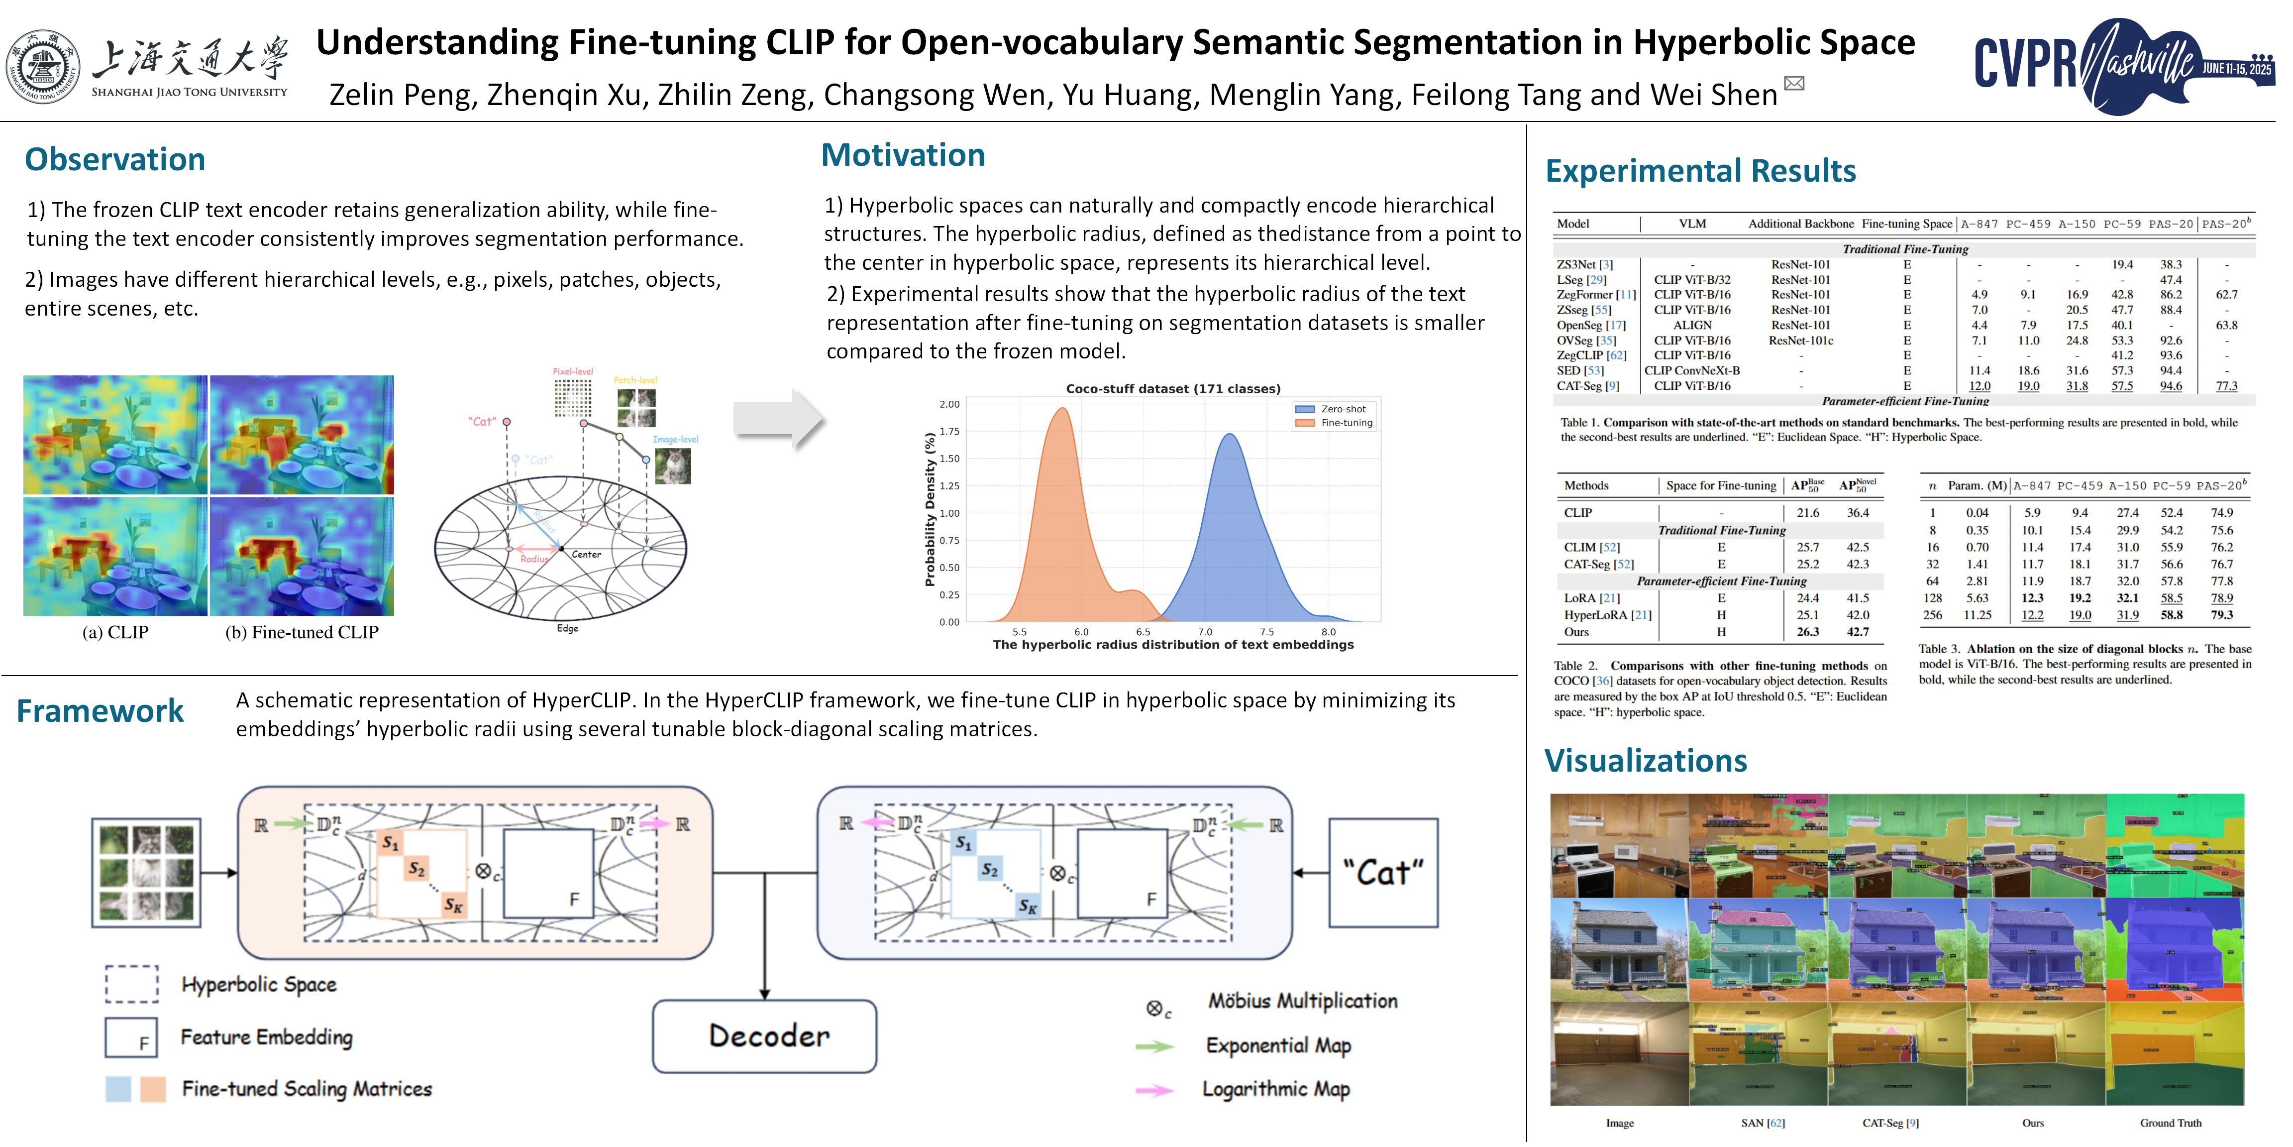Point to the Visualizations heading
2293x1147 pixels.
pos(1645,761)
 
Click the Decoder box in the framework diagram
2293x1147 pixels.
pos(765,1035)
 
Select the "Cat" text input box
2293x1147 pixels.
pos(1382,873)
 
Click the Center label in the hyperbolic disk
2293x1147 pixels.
pos(586,555)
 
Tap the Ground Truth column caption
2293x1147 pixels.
pos(2170,1123)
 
